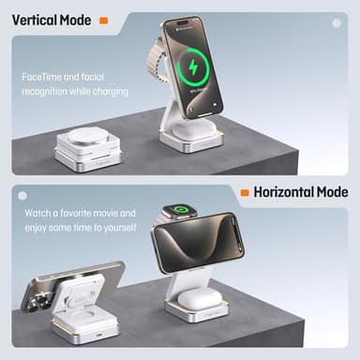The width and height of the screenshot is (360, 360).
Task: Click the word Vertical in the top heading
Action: [35, 18]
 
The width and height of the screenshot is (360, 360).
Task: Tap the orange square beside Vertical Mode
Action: [103, 19]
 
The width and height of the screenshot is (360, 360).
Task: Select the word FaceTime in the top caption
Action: [43, 77]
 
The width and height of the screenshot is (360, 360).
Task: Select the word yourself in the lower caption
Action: [117, 228]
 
